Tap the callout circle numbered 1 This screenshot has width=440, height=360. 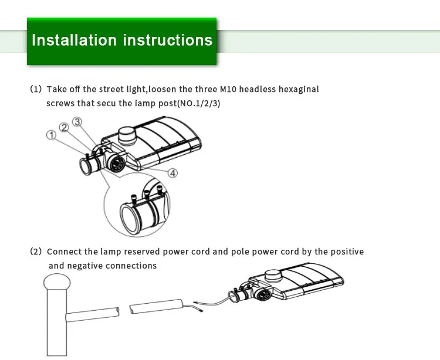coord(52,135)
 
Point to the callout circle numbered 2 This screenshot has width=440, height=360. coord(64,127)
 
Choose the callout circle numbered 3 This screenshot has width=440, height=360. coord(77,121)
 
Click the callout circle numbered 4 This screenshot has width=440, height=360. coord(173,172)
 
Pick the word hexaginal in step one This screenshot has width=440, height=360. coord(297,89)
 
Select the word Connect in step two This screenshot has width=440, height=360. coord(64,252)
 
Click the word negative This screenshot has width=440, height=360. coord(87,266)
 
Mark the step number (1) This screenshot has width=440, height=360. coord(36,89)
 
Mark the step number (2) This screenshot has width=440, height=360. coord(36,252)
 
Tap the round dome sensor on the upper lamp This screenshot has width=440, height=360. coord(128,135)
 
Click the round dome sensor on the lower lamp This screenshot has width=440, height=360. coord(273,275)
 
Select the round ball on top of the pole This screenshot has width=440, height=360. coord(56,284)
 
